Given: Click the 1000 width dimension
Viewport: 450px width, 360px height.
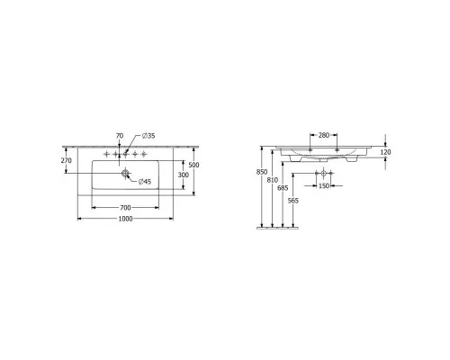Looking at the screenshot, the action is tap(125, 219).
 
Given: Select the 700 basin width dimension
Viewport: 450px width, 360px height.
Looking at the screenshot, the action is tap(125, 208).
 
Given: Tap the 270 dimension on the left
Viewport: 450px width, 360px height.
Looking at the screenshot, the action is tap(67, 160).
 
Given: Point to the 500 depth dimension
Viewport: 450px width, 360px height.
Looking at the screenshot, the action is tap(195, 165).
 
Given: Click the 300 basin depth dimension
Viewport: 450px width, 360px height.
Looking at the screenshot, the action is tap(184, 175).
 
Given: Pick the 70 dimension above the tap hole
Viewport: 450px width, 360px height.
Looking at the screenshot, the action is tap(120, 136).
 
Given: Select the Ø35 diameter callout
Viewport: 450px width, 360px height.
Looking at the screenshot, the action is tap(148, 136).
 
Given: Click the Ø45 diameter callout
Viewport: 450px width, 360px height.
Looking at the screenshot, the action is tap(145, 182).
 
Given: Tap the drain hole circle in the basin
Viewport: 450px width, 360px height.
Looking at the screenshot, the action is tap(125, 173).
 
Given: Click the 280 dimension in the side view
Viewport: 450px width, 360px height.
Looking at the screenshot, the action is tap(324, 135).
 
